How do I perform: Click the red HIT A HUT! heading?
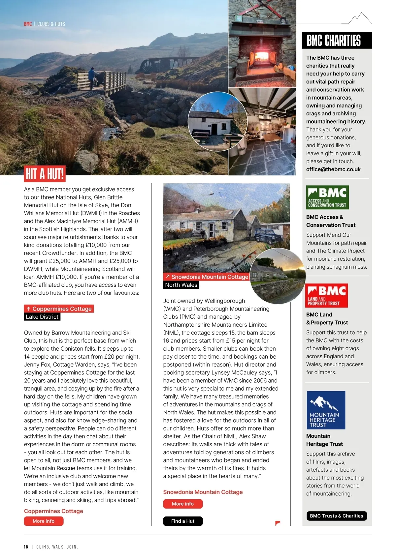(x=45, y=174)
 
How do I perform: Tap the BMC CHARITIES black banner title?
(x=334, y=41)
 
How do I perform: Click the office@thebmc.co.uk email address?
(x=333, y=169)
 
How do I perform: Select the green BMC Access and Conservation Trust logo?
(x=327, y=197)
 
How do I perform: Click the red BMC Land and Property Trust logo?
(x=326, y=295)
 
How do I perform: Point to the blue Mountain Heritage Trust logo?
(x=326, y=410)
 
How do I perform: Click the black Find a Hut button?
(x=183, y=521)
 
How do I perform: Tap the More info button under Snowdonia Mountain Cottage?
(x=183, y=504)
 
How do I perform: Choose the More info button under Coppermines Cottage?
(x=44, y=521)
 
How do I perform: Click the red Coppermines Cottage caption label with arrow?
(x=59, y=309)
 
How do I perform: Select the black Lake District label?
(x=42, y=317)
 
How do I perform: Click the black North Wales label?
(x=181, y=285)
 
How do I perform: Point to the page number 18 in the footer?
(x=26, y=547)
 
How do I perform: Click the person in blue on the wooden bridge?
(x=92, y=76)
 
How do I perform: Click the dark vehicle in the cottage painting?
(x=270, y=235)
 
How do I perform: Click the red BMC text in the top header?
(x=28, y=24)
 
